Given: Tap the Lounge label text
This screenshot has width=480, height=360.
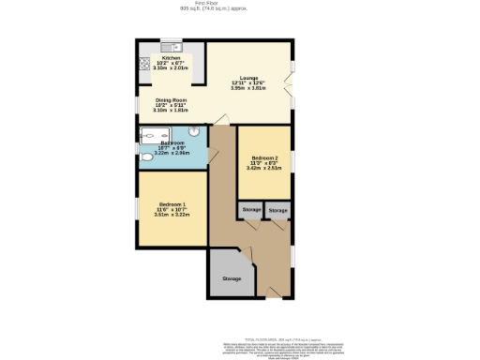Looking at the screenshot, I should tap(248, 77).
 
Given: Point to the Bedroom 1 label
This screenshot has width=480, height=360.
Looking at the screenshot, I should tap(172, 203).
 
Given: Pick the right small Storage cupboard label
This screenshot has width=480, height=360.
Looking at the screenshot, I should tap(277, 211).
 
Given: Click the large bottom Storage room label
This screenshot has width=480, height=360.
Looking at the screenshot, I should tap(232, 278).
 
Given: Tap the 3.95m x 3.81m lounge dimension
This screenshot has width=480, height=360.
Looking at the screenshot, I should tap(248, 88).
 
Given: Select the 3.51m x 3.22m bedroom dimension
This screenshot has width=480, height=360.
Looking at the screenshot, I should tap(172, 215).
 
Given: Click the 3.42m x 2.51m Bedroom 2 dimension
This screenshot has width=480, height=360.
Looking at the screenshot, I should tap(264, 169).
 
